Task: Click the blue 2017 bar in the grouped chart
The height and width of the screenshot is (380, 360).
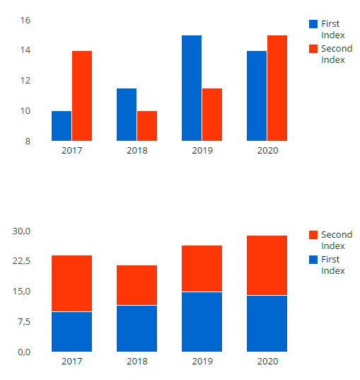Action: click(62, 126)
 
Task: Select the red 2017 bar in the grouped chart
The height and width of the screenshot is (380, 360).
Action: click(82, 96)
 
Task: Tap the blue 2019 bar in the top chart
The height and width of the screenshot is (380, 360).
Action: click(192, 88)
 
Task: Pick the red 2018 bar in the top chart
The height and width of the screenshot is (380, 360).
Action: click(147, 126)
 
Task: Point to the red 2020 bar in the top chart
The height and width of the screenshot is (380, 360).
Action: click(277, 88)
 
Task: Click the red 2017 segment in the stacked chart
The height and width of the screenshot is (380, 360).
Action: click(71, 283)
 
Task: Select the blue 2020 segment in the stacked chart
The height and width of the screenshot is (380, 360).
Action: click(267, 323)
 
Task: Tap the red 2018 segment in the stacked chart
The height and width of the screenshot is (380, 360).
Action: click(137, 285)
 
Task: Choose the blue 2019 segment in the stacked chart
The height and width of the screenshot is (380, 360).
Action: click(202, 322)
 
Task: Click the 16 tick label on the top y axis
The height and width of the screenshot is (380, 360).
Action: click(25, 21)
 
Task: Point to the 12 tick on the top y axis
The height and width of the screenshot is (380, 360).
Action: click(25, 81)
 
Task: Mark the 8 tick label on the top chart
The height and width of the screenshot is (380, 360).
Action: click(28, 141)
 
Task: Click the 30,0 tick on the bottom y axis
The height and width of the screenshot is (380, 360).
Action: click(21, 231)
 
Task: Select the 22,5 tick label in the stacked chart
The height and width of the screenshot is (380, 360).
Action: click(21, 261)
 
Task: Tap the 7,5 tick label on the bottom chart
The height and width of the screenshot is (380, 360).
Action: click(24, 322)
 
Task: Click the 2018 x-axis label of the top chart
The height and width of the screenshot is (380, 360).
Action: click(137, 151)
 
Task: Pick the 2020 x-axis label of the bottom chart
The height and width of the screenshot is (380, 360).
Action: click(267, 362)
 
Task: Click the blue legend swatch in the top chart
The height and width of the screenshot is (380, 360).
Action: click(313, 24)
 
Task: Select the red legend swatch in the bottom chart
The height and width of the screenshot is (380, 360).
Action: click(313, 235)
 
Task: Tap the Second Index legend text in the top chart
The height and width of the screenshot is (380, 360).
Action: click(337, 54)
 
